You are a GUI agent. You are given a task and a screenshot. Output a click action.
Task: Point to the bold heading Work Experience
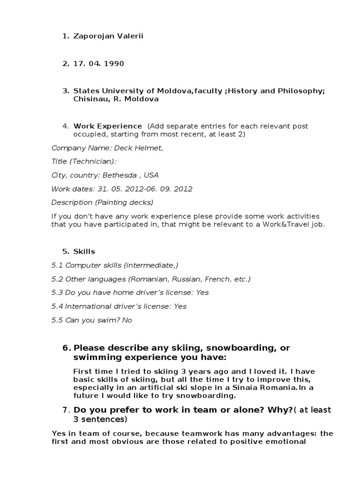click(x=108, y=126)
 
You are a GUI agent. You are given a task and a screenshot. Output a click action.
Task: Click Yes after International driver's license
click(x=180, y=306)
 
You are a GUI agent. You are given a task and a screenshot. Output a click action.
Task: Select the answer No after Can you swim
click(x=127, y=320)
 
